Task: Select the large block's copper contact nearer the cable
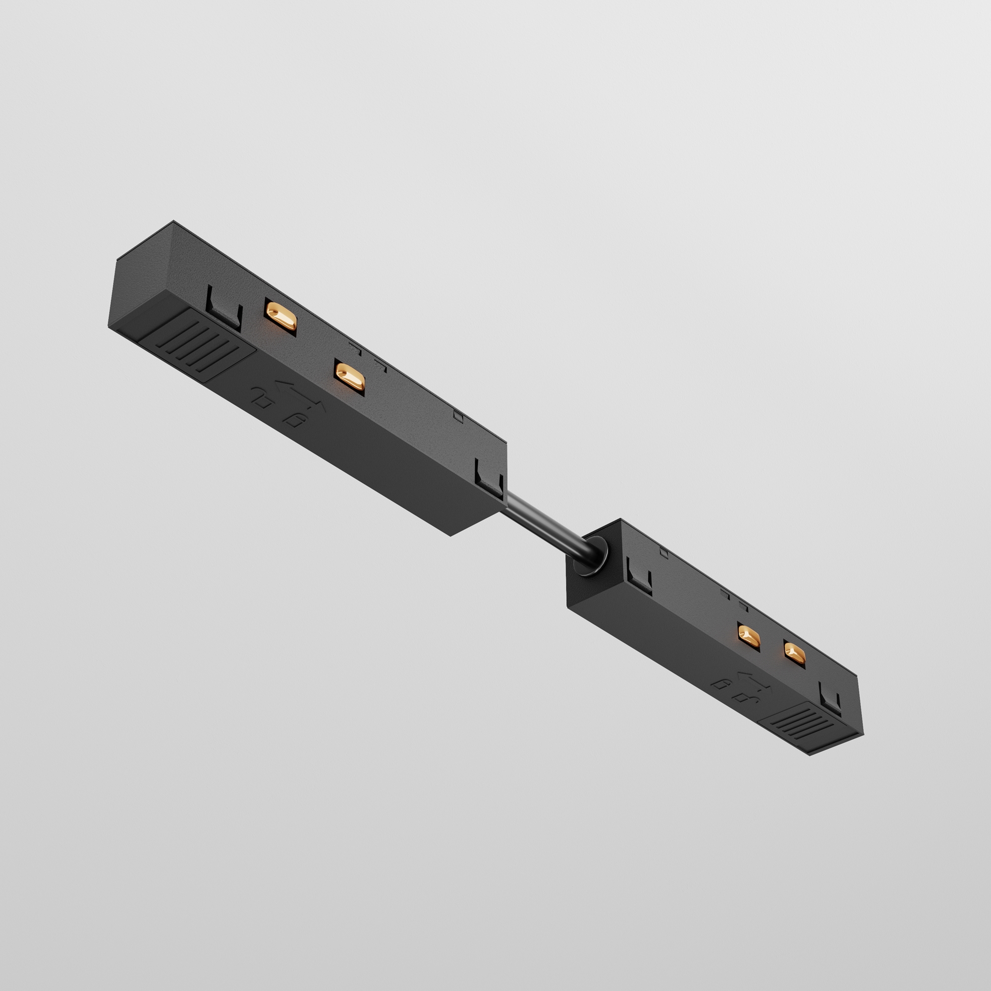349,376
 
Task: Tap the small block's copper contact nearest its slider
795,653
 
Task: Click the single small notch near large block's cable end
458,417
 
